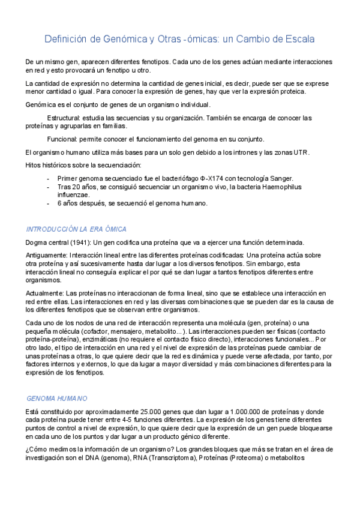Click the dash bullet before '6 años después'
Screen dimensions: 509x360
tap(48, 203)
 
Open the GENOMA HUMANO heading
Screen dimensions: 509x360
tap(58, 399)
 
